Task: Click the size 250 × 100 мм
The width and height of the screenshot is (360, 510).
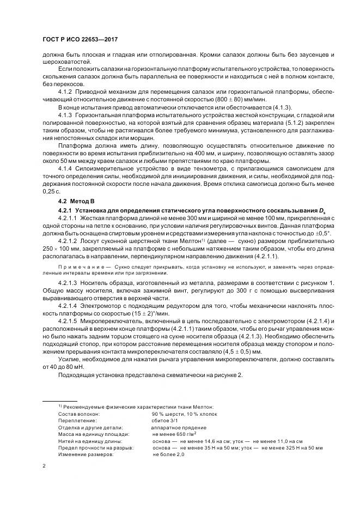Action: (58, 248)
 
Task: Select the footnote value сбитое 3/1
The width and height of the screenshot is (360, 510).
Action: (167, 421)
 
